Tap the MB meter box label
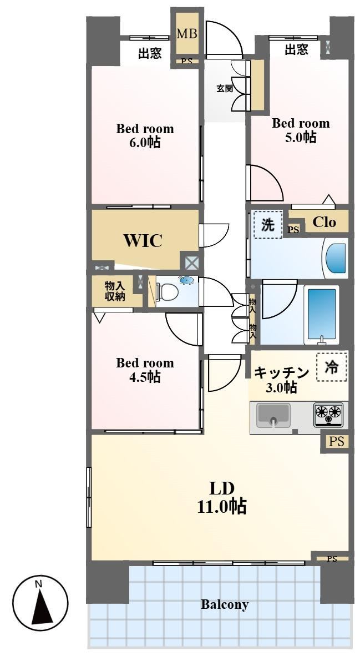click(186, 33)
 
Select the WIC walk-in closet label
click(143, 240)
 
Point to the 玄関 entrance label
click(225, 89)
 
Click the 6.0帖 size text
click(144, 143)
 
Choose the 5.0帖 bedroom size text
click(301, 137)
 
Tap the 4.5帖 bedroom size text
click(144, 377)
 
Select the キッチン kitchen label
click(281, 372)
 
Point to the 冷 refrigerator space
click(332, 367)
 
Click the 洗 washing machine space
click(267, 225)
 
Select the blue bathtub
click(322, 314)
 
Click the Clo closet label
click(324, 222)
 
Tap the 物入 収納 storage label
click(115, 291)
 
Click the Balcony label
click(225, 604)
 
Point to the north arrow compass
click(40, 603)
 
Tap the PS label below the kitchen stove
click(337, 441)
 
